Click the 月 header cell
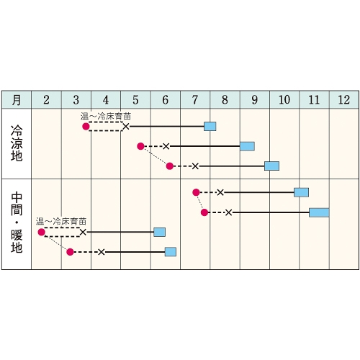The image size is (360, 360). (x=17, y=100)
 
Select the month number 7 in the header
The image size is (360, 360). (x=195, y=100)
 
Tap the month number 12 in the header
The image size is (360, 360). (x=343, y=100)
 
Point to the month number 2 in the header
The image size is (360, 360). (x=46, y=100)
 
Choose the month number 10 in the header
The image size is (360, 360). (x=284, y=100)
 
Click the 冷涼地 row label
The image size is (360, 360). (x=17, y=143)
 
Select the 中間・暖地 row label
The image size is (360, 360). (x=17, y=222)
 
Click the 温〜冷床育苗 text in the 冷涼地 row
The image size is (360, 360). (x=106, y=117)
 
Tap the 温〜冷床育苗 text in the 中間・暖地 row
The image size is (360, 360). (x=61, y=221)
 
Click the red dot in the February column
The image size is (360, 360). (x=42, y=232)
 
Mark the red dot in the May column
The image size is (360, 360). (x=140, y=146)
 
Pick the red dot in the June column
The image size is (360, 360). (x=170, y=166)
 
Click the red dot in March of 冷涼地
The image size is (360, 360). (x=86, y=127)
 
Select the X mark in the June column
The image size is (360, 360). (x=166, y=146)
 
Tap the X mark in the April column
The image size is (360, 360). (x=102, y=252)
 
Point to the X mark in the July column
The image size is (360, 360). (x=195, y=166)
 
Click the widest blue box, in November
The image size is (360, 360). (x=319, y=212)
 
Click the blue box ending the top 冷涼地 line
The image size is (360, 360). (x=210, y=127)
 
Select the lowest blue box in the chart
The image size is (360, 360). (x=171, y=252)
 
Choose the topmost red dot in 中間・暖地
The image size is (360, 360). (x=196, y=192)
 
